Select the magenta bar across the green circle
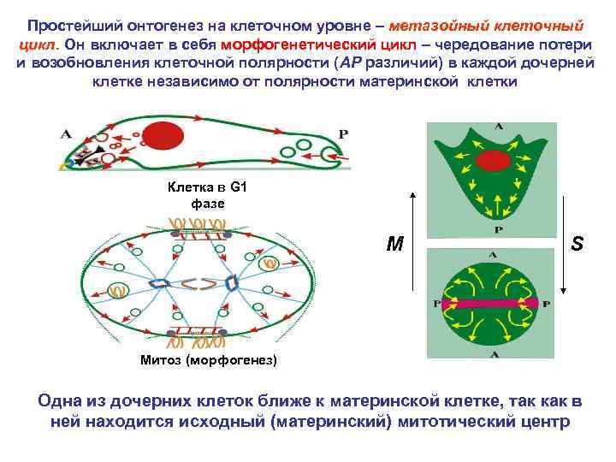492,303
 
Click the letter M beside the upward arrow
394,245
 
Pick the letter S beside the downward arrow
577,244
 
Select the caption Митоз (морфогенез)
209,360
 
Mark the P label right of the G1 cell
344,134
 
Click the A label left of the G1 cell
66,133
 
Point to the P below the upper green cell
498,229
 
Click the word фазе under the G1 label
208,204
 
